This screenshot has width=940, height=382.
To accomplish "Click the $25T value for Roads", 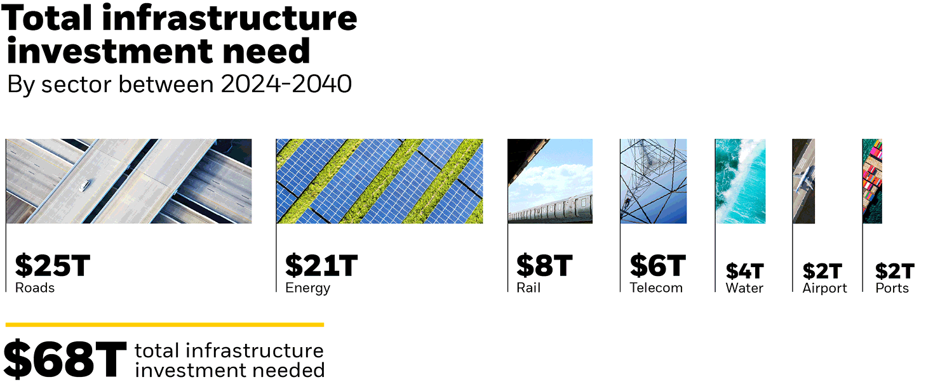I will click(x=52, y=266).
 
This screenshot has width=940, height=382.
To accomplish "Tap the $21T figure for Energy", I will click(x=321, y=266).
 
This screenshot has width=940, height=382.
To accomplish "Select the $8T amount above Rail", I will click(x=544, y=266).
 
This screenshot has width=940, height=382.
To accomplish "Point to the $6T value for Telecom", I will click(x=657, y=266).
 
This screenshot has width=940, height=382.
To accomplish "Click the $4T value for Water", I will click(x=744, y=272).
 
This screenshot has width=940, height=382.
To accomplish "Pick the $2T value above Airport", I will click(x=822, y=272).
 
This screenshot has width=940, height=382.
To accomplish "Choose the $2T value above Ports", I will click(x=894, y=272).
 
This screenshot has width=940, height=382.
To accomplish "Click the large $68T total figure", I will click(x=65, y=359).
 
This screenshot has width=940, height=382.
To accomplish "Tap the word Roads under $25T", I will click(x=35, y=288).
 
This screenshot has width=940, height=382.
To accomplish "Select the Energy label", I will click(x=308, y=289).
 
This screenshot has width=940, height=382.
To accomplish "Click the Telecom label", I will click(x=656, y=288).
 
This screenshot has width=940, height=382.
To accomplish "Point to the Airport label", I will click(x=824, y=289).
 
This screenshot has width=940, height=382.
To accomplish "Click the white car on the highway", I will click(x=84, y=185).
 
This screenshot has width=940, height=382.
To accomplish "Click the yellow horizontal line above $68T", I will click(x=164, y=325).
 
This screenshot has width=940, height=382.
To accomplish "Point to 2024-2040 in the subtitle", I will click(x=286, y=84).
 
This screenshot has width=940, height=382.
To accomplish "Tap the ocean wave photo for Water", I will click(x=740, y=181).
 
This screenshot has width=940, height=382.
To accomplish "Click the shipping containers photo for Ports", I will click(x=872, y=181).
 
